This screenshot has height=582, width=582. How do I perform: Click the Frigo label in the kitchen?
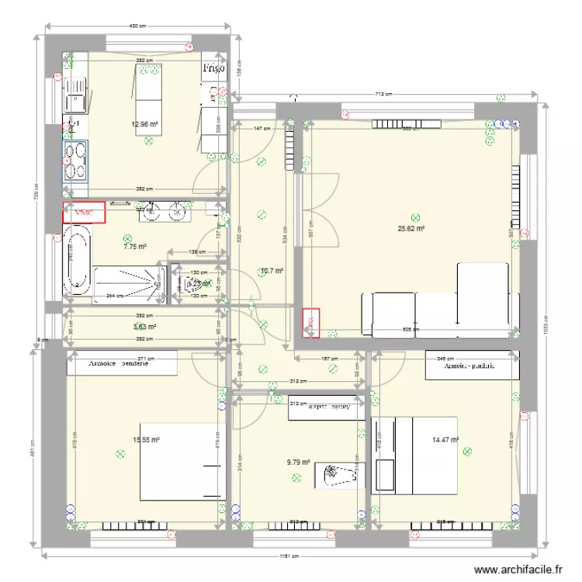pos(213,68)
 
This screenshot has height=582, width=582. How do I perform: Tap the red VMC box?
pos(84,212)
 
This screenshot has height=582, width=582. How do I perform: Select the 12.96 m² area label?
pos(145,123)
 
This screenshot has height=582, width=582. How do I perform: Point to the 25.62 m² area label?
pos(411,229)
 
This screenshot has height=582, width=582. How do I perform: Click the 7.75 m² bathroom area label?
pos(135,248)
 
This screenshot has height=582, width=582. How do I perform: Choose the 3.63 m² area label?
pos(145,327)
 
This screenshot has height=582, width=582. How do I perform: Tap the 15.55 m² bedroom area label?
pos(146,439)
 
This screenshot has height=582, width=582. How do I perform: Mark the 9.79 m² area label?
pos(298,462)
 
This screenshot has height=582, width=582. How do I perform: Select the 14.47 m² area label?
pos(445,439)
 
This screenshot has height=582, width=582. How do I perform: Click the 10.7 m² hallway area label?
pos(272,271)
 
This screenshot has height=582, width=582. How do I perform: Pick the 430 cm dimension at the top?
pos(137,26)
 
